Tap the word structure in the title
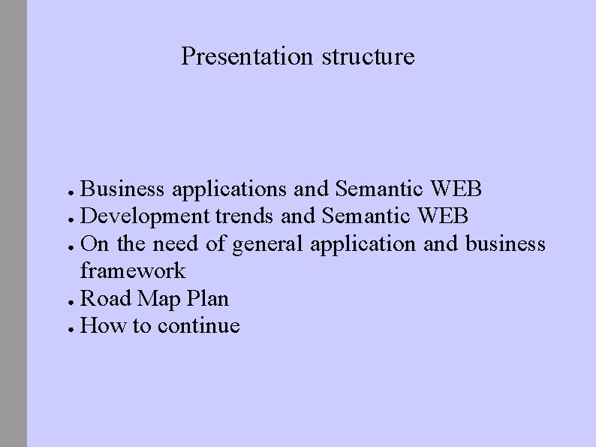point(368,56)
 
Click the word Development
point(145,217)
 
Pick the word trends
point(245,217)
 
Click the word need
point(176,244)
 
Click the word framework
point(132,271)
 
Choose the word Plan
point(206,298)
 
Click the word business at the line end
point(505,244)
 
